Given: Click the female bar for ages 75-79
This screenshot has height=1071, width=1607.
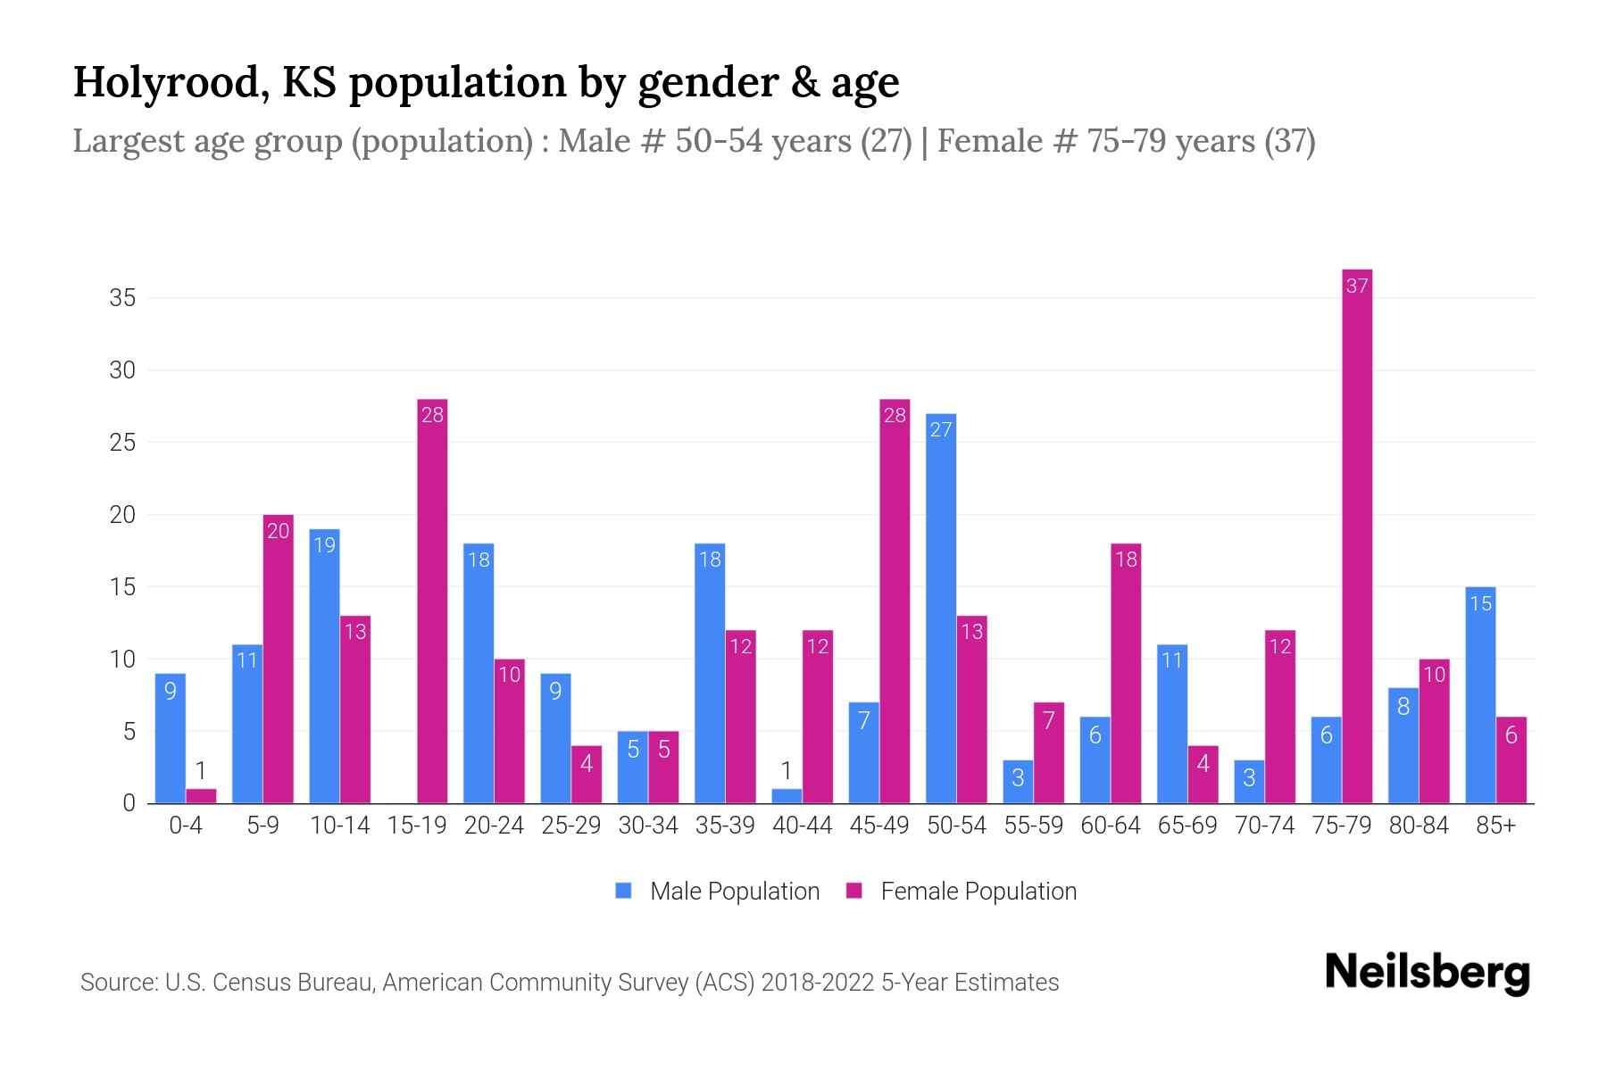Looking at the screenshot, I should [1356, 535].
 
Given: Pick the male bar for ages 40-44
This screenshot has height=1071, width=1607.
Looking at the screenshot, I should [786, 795].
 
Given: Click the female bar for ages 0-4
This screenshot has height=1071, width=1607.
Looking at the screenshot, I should [201, 795].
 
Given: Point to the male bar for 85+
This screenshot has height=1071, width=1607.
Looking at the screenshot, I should [1479, 695].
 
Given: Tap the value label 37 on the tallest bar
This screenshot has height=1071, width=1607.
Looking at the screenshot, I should [1356, 286].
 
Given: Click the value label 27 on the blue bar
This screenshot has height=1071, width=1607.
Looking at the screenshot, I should [940, 429].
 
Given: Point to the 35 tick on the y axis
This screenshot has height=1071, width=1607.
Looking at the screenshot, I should [122, 297].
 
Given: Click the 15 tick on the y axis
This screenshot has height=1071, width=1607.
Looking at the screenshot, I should [122, 587].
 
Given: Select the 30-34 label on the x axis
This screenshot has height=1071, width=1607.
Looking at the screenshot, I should [648, 826].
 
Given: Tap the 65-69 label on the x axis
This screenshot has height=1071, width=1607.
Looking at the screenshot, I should [1187, 826].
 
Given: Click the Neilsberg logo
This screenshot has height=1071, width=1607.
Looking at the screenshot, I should [1427, 972].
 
